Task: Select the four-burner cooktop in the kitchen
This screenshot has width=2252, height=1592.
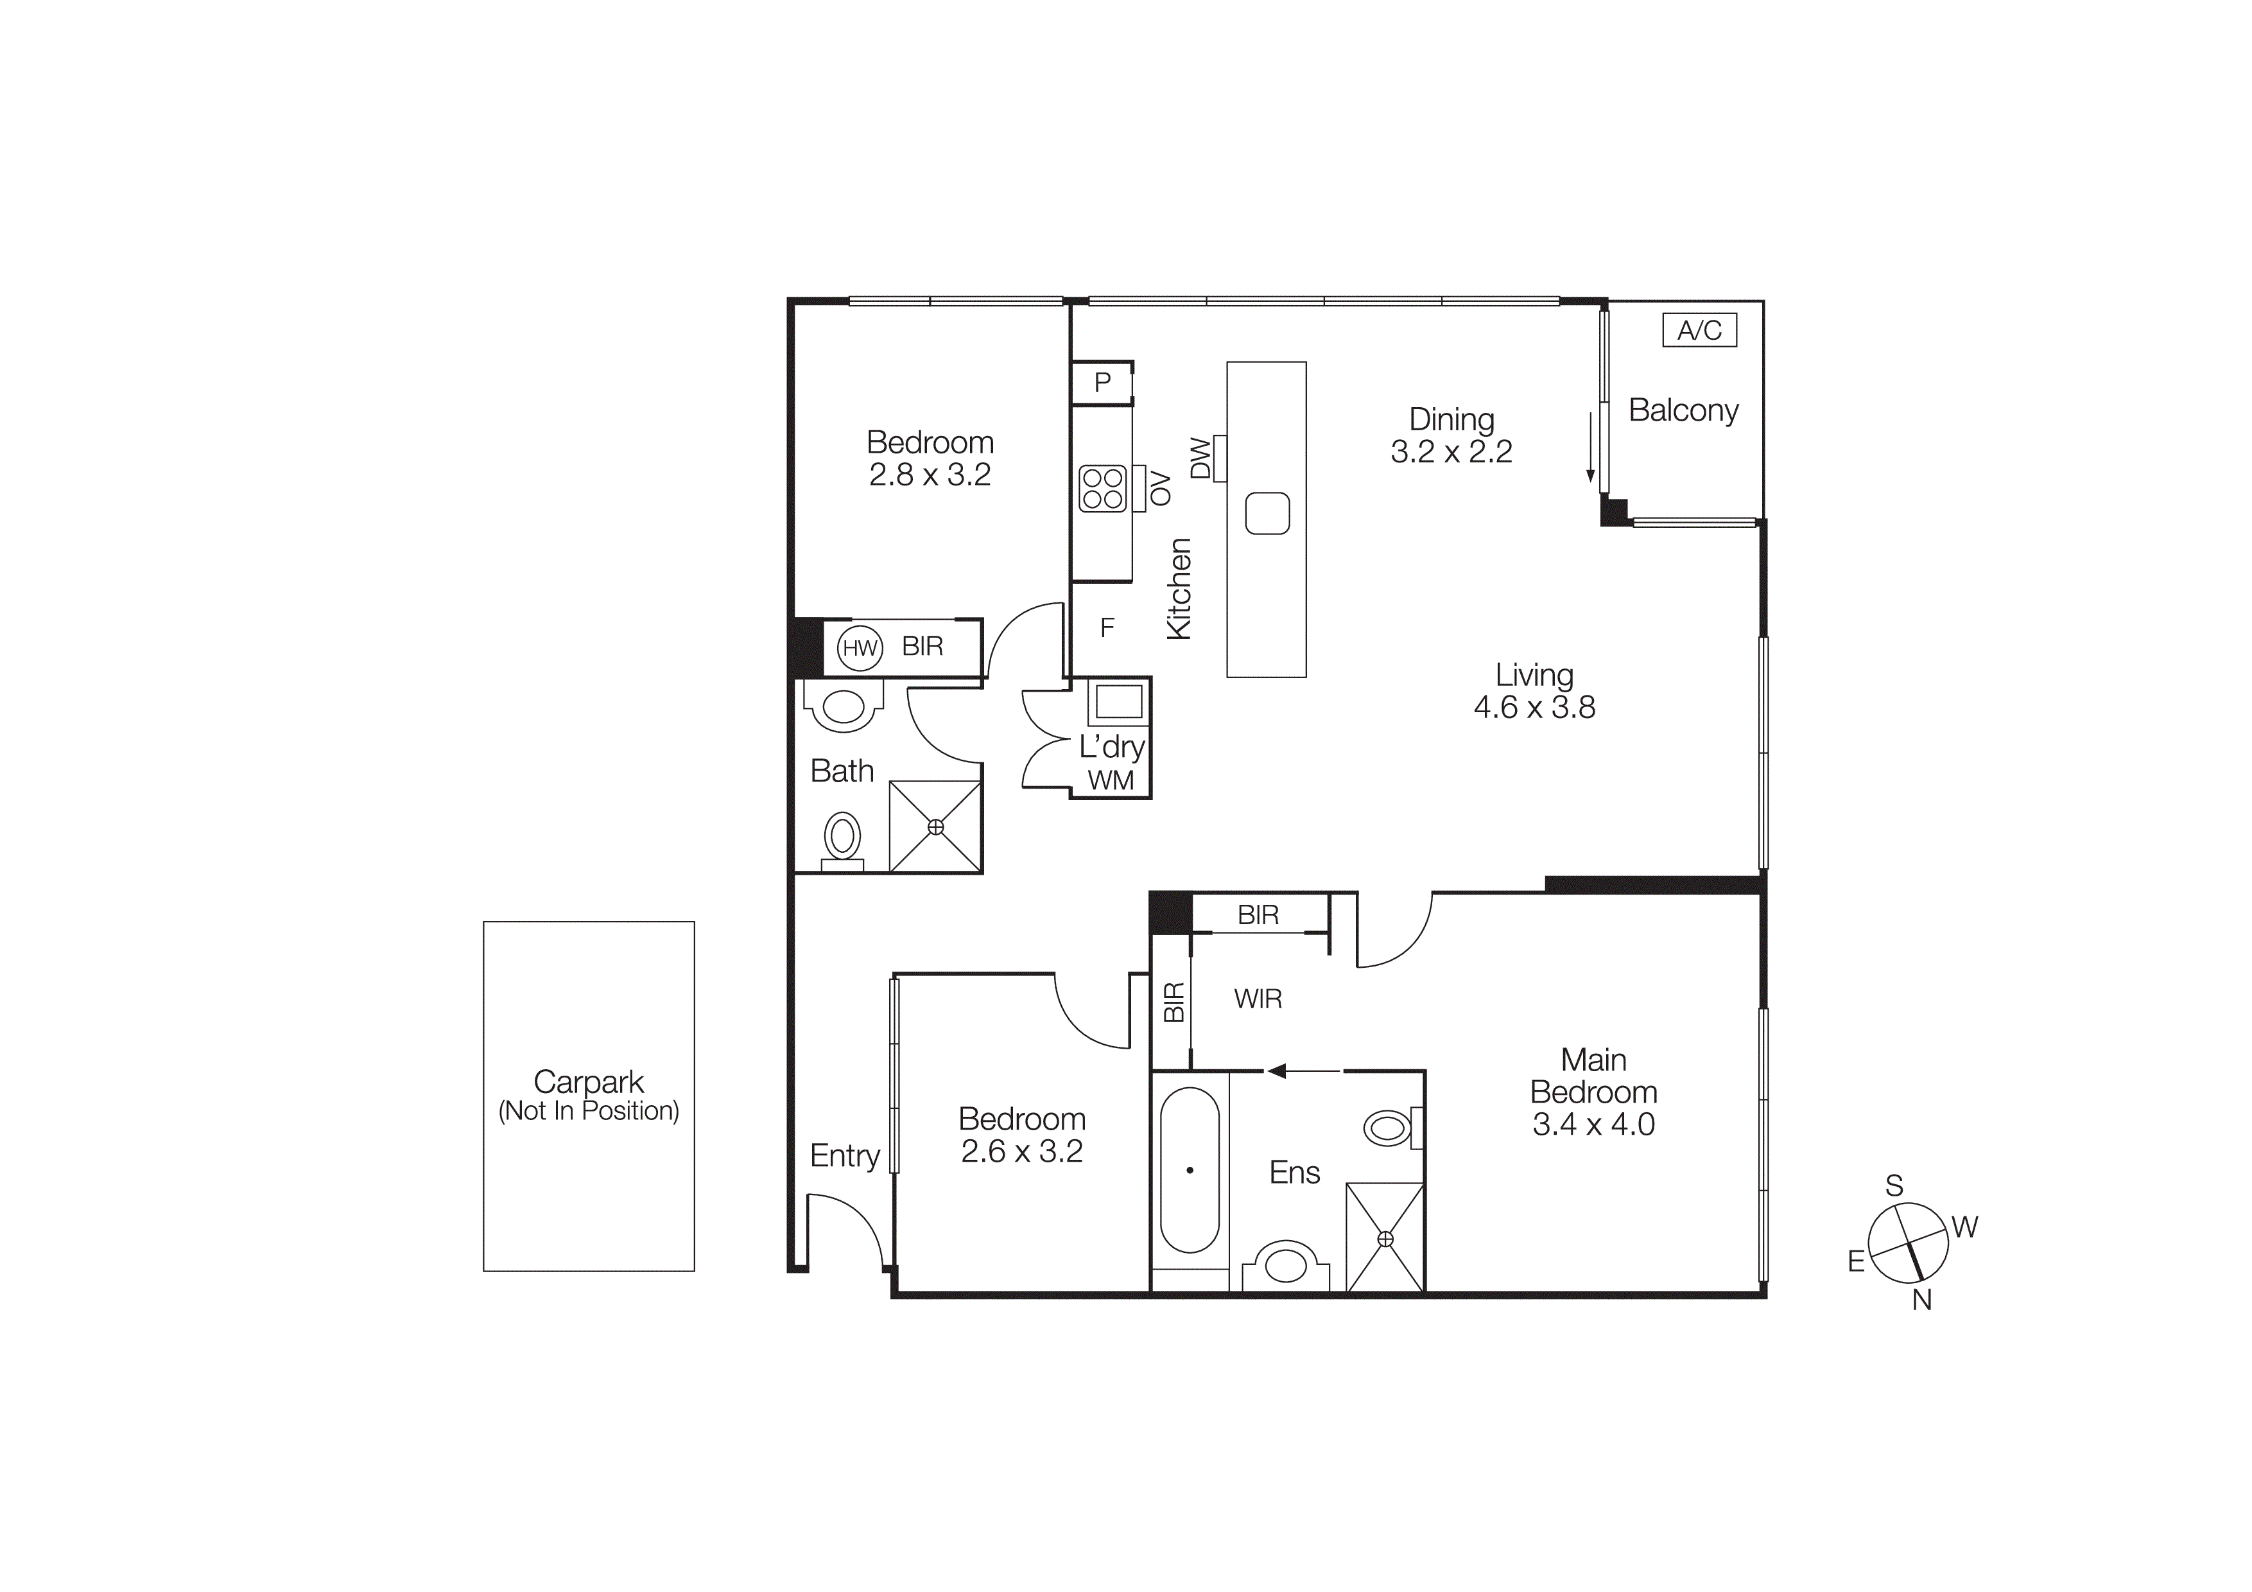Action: coord(1102,489)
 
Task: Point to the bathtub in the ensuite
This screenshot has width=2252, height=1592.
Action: coord(1189,1169)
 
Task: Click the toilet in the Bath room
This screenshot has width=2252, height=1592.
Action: coord(842,839)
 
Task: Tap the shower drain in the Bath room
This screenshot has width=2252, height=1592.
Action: coord(936,827)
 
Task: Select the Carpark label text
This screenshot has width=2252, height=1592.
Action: coord(589,1082)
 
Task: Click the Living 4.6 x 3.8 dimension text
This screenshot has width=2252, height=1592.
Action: coord(1534,707)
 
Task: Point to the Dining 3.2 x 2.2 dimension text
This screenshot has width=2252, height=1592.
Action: coord(1451,451)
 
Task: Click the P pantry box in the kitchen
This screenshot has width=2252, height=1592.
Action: coord(1102,383)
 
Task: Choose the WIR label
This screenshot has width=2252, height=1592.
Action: coord(1258,999)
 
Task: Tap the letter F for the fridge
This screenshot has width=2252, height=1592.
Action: coord(1107,628)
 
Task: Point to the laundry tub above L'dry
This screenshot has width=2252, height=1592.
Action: coord(1118,701)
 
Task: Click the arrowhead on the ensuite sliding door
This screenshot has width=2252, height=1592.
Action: coord(1276,1070)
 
